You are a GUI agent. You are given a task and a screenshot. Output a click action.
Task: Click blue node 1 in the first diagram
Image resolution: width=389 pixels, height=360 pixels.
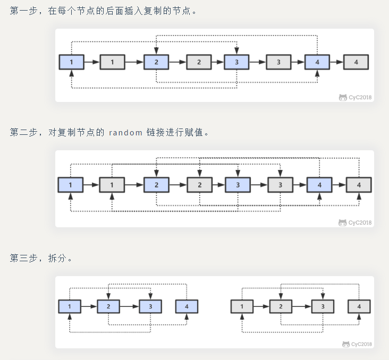tap(71, 62)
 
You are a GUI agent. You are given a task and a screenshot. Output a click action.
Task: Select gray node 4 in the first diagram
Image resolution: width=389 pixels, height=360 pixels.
tap(356, 62)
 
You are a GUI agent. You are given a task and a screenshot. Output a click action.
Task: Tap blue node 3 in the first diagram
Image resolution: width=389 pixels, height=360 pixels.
tap(236, 62)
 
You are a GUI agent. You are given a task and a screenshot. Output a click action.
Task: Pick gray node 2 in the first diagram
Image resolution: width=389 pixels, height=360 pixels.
tap(199, 62)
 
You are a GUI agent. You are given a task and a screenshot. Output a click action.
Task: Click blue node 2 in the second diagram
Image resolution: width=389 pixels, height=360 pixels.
tap(156, 185)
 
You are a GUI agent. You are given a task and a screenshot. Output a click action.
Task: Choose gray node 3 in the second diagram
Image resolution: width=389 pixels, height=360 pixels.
tap(280, 185)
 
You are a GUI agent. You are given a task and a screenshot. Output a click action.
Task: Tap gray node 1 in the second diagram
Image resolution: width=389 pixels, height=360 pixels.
tap(112, 185)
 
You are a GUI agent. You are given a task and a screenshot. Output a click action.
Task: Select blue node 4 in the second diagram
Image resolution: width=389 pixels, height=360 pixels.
tap(319, 185)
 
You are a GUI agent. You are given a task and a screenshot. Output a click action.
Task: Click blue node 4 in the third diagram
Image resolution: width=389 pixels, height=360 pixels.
tap(187, 306)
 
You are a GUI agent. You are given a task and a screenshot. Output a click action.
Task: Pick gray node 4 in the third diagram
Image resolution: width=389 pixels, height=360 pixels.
tap(359, 306)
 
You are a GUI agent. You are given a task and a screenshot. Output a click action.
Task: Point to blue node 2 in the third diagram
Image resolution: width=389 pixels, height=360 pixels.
tap(108, 306)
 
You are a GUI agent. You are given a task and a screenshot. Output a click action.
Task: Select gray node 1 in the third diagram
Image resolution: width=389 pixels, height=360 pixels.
tap(242, 306)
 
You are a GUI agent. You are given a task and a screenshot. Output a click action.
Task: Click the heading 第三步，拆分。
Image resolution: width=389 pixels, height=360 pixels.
tap(41, 258)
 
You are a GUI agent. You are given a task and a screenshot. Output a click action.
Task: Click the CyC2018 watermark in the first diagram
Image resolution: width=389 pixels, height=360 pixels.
tap(356, 98)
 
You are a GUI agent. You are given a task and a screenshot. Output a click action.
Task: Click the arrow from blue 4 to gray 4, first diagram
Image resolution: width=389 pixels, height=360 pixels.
tap(336, 62)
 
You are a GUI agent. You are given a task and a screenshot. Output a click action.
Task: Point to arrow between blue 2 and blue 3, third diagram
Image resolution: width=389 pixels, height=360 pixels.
tap(130, 306)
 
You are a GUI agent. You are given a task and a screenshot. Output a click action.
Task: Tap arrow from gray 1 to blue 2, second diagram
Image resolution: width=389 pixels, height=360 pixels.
tap(134, 185)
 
